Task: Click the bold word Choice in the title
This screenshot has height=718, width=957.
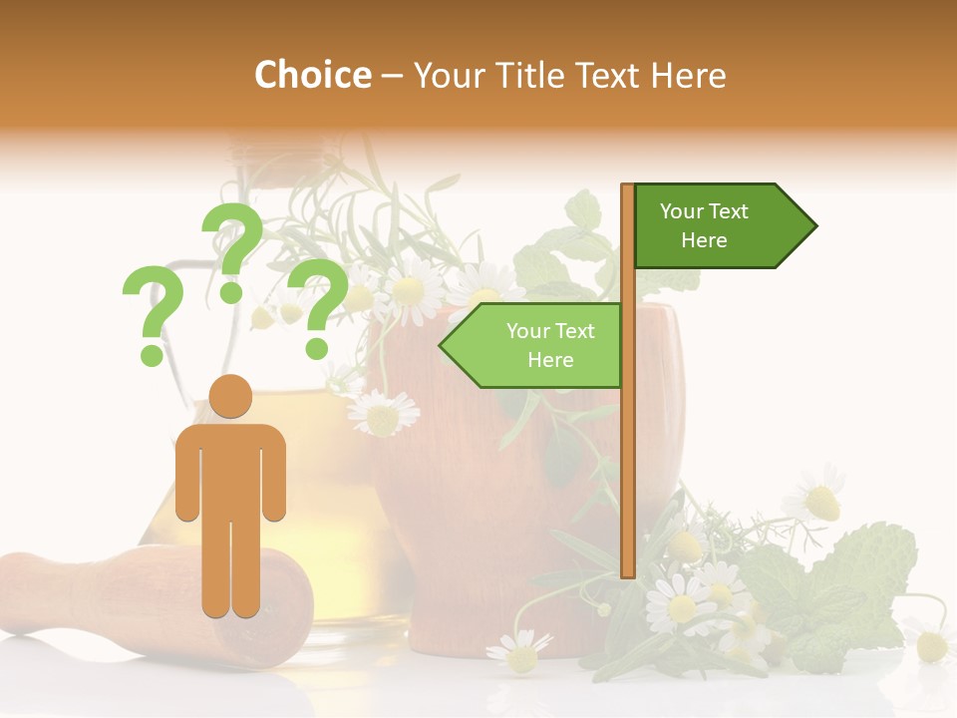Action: pyautogui.click(x=312, y=76)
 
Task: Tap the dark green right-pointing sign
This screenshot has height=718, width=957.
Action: pyautogui.click(x=718, y=226)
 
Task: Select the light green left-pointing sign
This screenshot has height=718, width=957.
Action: pyautogui.click(x=538, y=345)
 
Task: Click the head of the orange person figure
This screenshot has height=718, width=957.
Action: pyautogui.click(x=230, y=396)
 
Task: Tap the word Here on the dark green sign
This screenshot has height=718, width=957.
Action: pyautogui.click(x=704, y=240)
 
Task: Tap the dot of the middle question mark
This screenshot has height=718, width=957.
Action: pyautogui.click(x=231, y=291)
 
